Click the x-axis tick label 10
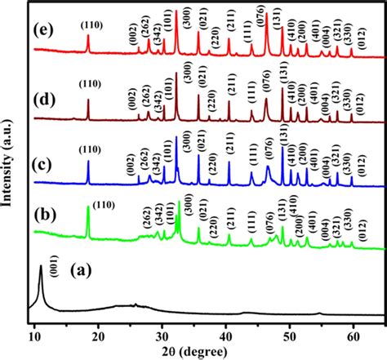34,334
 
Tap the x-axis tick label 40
226,334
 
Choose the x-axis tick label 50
290,334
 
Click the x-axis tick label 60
354,334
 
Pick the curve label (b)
45,217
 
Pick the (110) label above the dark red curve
90,90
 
